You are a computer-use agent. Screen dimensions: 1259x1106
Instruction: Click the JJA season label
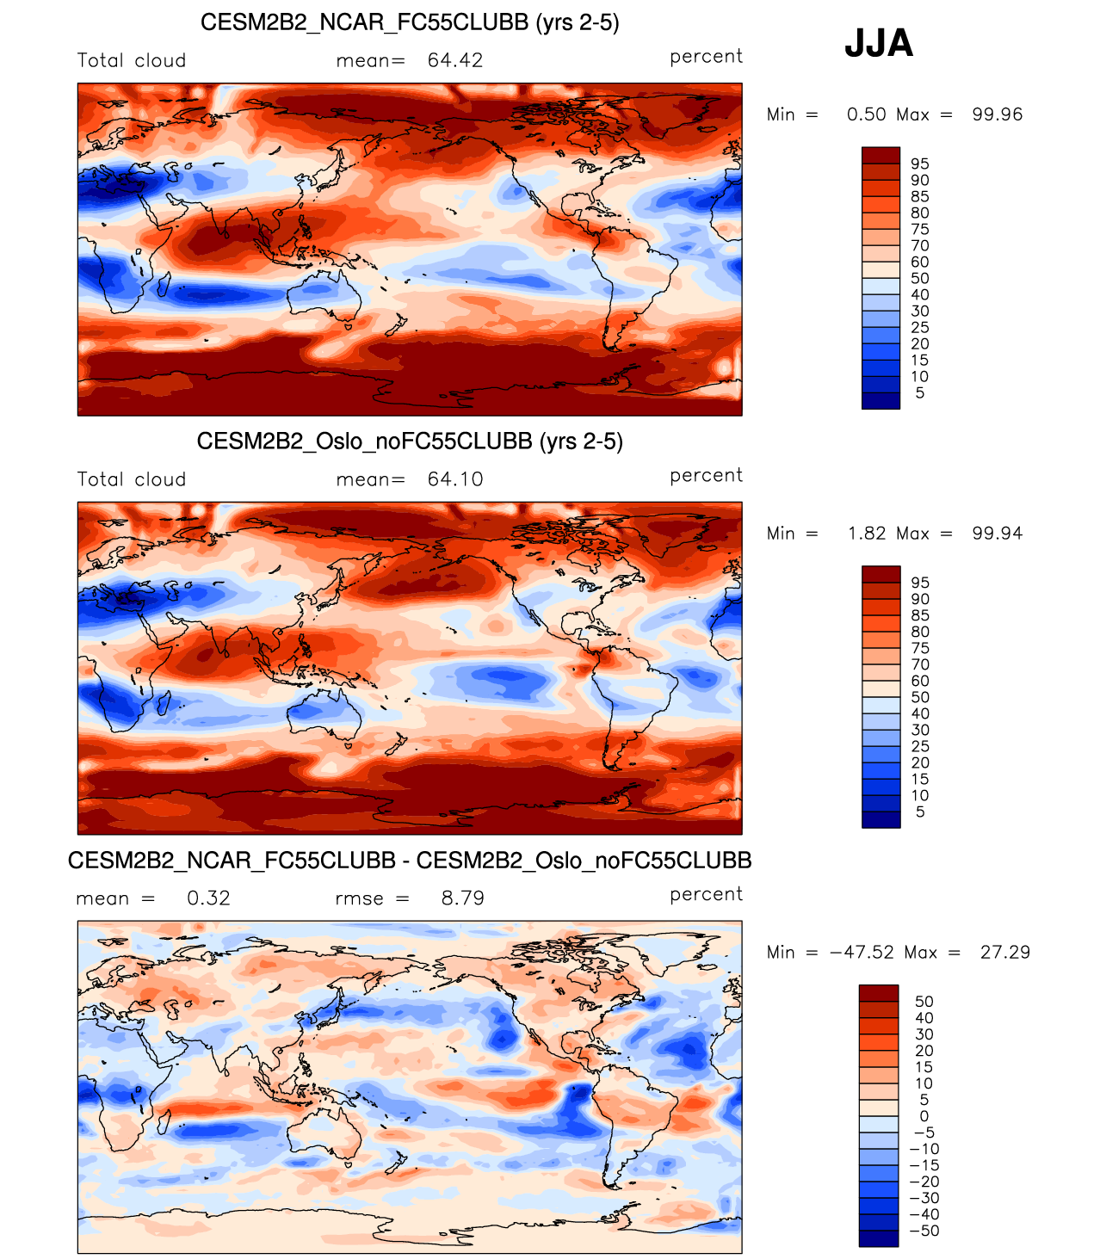pos(878,43)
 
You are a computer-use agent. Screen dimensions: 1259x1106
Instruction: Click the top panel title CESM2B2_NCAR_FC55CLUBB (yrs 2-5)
pos(410,22)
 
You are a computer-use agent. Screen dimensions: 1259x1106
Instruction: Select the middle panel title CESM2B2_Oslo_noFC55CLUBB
pos(410,441)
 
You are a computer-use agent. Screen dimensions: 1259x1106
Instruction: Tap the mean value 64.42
pos(455,60)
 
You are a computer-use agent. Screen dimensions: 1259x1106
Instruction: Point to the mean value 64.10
pos(455,479)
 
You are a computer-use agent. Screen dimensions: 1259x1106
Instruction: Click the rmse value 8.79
pos(463,898)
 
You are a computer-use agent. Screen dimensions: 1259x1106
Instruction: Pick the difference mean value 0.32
pos(208,898)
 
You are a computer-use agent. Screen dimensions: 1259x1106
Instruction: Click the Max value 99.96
pos(997,114)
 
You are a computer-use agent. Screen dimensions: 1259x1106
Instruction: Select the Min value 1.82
pos(866,534)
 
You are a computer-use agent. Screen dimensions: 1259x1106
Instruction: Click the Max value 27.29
pos(1004,953)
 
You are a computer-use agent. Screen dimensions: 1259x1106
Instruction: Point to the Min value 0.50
pos(866,114)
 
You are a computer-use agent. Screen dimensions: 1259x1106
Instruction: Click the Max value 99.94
pos(997,534)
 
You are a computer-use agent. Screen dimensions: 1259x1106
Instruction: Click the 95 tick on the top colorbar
pos(920,164)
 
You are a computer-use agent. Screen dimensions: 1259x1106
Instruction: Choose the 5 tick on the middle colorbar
pos(920,812)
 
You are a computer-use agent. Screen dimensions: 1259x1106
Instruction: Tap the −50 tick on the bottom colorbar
pos(924,1231)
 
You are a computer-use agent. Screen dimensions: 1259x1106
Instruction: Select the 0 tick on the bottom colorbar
pos(924,1116)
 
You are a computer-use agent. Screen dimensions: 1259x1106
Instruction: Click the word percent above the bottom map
pos(706,894)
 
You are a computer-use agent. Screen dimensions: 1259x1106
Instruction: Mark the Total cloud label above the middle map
pos(132,479)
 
